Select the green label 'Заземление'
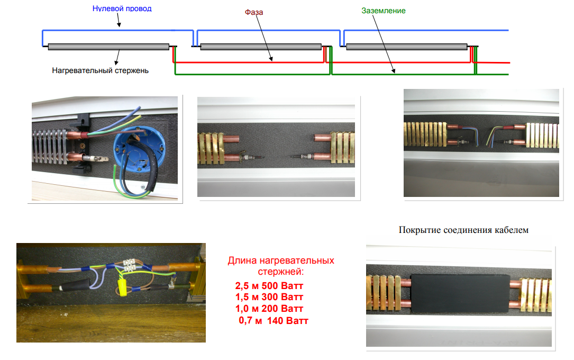[x=384, y=11]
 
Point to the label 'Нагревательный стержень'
[x=101, y=70]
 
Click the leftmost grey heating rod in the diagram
[x=108, y=47]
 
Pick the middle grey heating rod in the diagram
[x=261, y=47]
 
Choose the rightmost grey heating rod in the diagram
[x=406, y=47]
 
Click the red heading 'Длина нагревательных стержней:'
[x=281, y=266]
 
